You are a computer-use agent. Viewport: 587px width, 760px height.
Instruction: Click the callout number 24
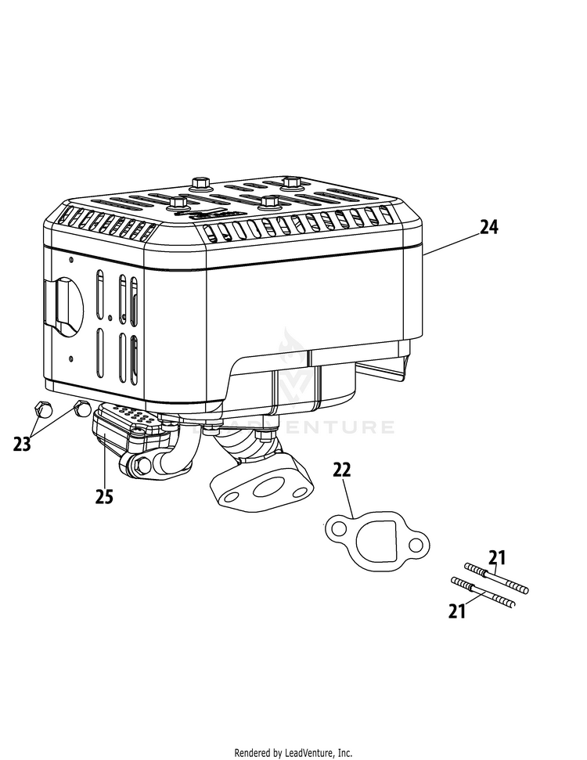(488, 227)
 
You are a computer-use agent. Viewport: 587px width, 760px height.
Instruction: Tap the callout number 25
(104, 495)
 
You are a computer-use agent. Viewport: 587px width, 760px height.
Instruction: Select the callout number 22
(341, 470)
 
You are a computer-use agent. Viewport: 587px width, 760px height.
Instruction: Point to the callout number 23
(22, 444)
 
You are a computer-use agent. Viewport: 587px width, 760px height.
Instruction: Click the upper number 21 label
(497, 558)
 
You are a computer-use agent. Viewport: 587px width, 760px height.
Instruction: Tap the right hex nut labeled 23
(81, 409)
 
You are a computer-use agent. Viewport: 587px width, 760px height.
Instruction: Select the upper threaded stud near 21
(497, 578)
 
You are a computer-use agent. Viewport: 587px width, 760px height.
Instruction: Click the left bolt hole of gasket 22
(337, 530)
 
